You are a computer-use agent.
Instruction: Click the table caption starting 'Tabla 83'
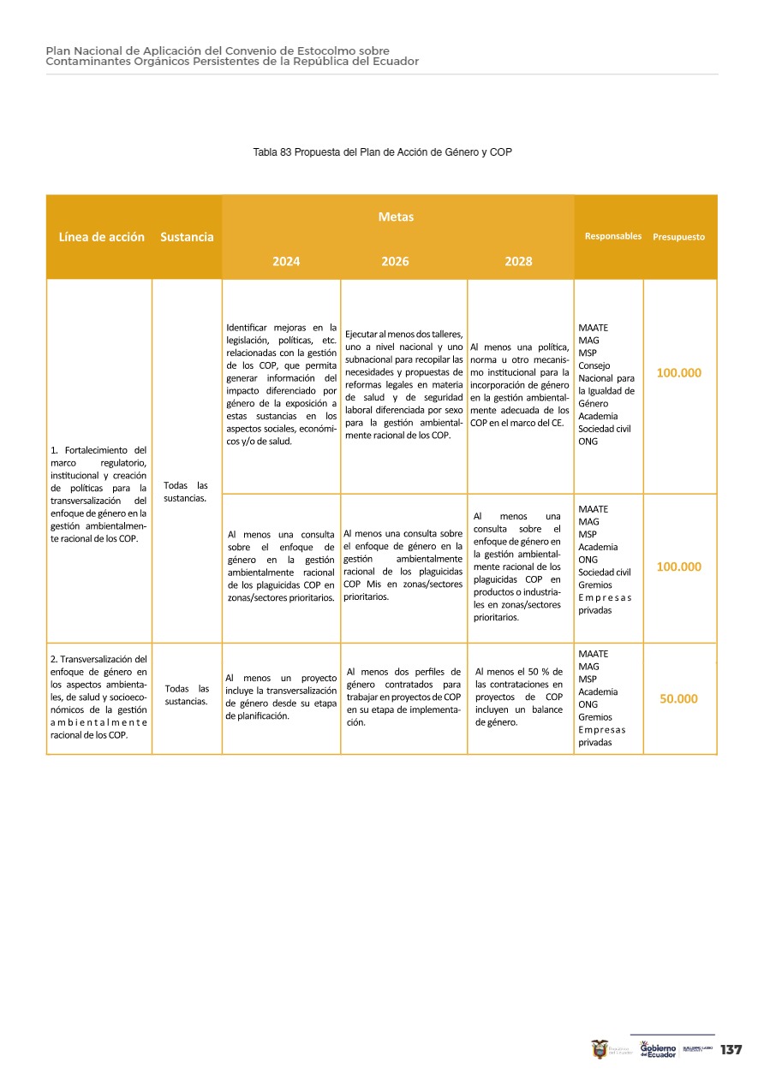pos(382,151)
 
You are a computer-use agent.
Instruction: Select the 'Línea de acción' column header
pos(101,237)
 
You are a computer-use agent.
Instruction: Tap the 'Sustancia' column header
pos(187,237)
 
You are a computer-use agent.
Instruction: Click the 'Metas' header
pos(396,217)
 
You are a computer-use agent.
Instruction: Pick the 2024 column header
pos(286,262)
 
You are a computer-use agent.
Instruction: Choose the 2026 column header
pos(396,262)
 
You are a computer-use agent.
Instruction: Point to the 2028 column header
pos(518,262)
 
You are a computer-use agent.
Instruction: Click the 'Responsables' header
pos(612,236)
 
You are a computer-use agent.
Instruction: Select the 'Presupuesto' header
pos(678,237)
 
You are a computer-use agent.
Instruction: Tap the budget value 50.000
pos(678,698)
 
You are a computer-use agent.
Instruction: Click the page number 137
pos(731,1050)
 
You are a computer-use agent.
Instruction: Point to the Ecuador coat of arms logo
pos(600,1049)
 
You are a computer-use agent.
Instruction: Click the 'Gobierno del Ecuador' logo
pos(658,1050)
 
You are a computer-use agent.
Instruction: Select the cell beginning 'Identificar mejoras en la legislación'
pos(281,384)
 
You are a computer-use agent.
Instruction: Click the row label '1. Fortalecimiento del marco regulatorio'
pos(98,495)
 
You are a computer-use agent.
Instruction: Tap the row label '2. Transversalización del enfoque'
pos(98,697)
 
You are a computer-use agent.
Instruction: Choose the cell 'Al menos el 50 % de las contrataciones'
pos(519,697)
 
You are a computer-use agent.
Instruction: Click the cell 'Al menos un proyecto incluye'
pos(281,697)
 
